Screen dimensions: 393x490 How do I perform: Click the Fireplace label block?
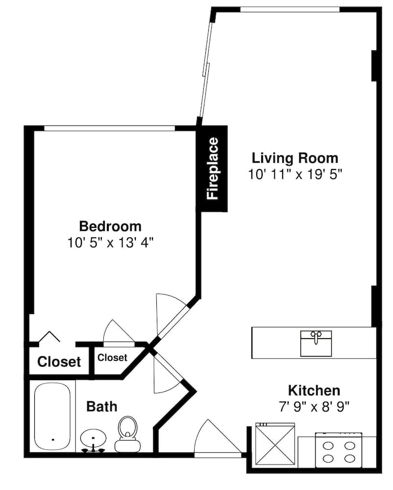click(x=214, y=169)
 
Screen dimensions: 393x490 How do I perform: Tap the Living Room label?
click(x=295, y=158)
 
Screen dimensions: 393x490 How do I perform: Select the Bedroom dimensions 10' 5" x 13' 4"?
click(x=111, y=243)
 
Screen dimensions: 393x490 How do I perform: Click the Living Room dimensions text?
click(x=295, y=174)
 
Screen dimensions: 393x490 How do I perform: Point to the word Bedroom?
click(x=110, y=226)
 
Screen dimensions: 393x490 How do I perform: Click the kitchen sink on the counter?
click(x=316, y=343)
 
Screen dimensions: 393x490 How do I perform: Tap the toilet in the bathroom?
click(x=127, y=434)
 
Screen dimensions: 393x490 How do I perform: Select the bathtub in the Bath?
click(x=52, y=416)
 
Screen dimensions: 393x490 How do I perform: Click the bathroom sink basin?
click(x=93, y=439)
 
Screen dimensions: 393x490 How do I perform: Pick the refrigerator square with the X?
click(x=275, y=445)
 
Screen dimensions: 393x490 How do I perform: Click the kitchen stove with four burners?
click(x=339, y=450)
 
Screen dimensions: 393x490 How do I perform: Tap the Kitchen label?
click(x=314, y=391)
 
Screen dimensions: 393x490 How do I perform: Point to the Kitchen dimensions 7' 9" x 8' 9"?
click(x=314, y=407)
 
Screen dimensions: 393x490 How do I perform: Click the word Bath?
click(x=102, y=407)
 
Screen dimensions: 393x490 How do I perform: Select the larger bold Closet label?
click(x=59, y=362)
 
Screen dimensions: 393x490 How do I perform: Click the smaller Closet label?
click(x=112, y=358)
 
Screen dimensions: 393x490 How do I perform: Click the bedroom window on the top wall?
click(x=109, y=128)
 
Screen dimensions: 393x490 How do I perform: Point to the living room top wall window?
click(x=290, y=9)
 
